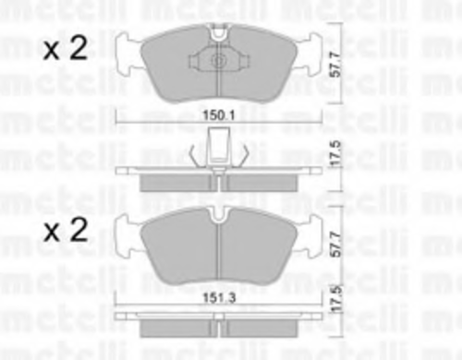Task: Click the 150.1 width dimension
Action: tap(219, 115)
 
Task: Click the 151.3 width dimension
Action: tap(219, 297)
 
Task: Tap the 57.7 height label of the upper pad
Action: tap(335, 65)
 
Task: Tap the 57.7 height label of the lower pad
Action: tap(335, 245)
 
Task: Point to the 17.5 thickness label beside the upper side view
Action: tap(335, 153)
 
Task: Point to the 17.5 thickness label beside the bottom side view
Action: tap(336, 299)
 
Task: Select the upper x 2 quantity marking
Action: tap(66, 48)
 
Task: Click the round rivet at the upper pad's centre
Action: tap(218, 61)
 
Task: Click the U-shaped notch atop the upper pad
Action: tap(218, 34)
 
